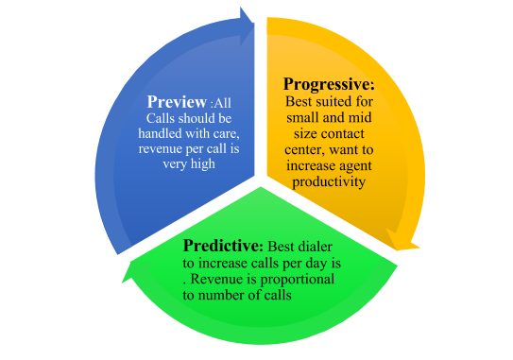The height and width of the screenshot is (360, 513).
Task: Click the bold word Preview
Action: pos(177,101)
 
